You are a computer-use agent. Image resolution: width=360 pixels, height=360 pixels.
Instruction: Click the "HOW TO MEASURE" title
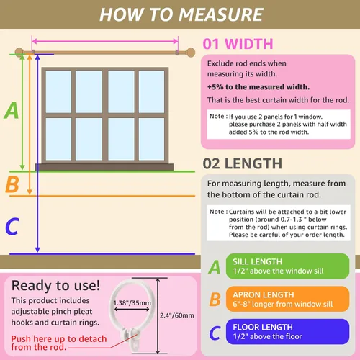click(181, 14)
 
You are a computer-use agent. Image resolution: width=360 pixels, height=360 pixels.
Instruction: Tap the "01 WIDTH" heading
click(238, 44)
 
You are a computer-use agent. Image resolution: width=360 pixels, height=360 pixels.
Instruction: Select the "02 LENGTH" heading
click(243, 163)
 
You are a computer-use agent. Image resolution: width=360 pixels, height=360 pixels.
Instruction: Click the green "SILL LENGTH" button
click(287, 266)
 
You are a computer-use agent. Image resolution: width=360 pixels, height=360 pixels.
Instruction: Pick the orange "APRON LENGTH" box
click(287, 299)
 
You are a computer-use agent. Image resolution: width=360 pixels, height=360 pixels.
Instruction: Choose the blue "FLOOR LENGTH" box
click(287, 331)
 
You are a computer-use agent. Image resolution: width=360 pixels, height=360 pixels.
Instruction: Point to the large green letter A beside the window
click(11, 110)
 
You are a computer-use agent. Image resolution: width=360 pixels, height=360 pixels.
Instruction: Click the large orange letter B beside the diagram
click(12, 184)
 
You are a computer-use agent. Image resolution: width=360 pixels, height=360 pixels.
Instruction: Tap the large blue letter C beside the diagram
click(12, 226)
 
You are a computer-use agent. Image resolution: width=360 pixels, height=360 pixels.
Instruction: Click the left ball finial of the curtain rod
click(19, 53)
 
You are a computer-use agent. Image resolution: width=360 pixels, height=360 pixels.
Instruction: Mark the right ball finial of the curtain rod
click(191, 53)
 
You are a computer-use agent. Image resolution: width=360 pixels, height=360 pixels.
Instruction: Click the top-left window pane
click(58, 91)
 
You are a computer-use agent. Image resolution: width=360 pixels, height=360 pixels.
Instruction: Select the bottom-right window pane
click(151, 139)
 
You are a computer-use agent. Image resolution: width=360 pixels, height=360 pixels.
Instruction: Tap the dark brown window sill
click(104, 167)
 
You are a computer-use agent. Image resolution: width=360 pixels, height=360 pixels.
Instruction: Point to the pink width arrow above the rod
click(105, 41)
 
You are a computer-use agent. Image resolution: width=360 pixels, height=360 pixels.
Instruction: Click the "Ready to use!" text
click(55, 286)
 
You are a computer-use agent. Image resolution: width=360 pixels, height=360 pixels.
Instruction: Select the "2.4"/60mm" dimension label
click(177, 315)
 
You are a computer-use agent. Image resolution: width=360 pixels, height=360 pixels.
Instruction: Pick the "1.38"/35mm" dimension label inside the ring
click(132, 303)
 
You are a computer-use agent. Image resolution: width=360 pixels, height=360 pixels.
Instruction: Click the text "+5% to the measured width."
click(258, 87)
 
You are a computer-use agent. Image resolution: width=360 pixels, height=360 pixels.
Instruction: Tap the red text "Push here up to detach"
click(59, 338)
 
